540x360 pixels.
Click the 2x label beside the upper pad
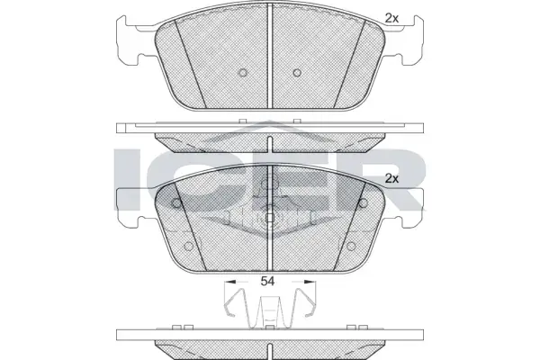click(x=391, y=19)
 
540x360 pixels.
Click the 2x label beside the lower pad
click(x=391, y=179)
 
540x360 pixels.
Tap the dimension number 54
click(x=267, y=281)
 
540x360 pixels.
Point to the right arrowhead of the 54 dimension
click(x=310, y=282)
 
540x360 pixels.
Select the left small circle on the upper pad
click(x=243, y=73)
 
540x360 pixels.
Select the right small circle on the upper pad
click(x=297, y=73)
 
